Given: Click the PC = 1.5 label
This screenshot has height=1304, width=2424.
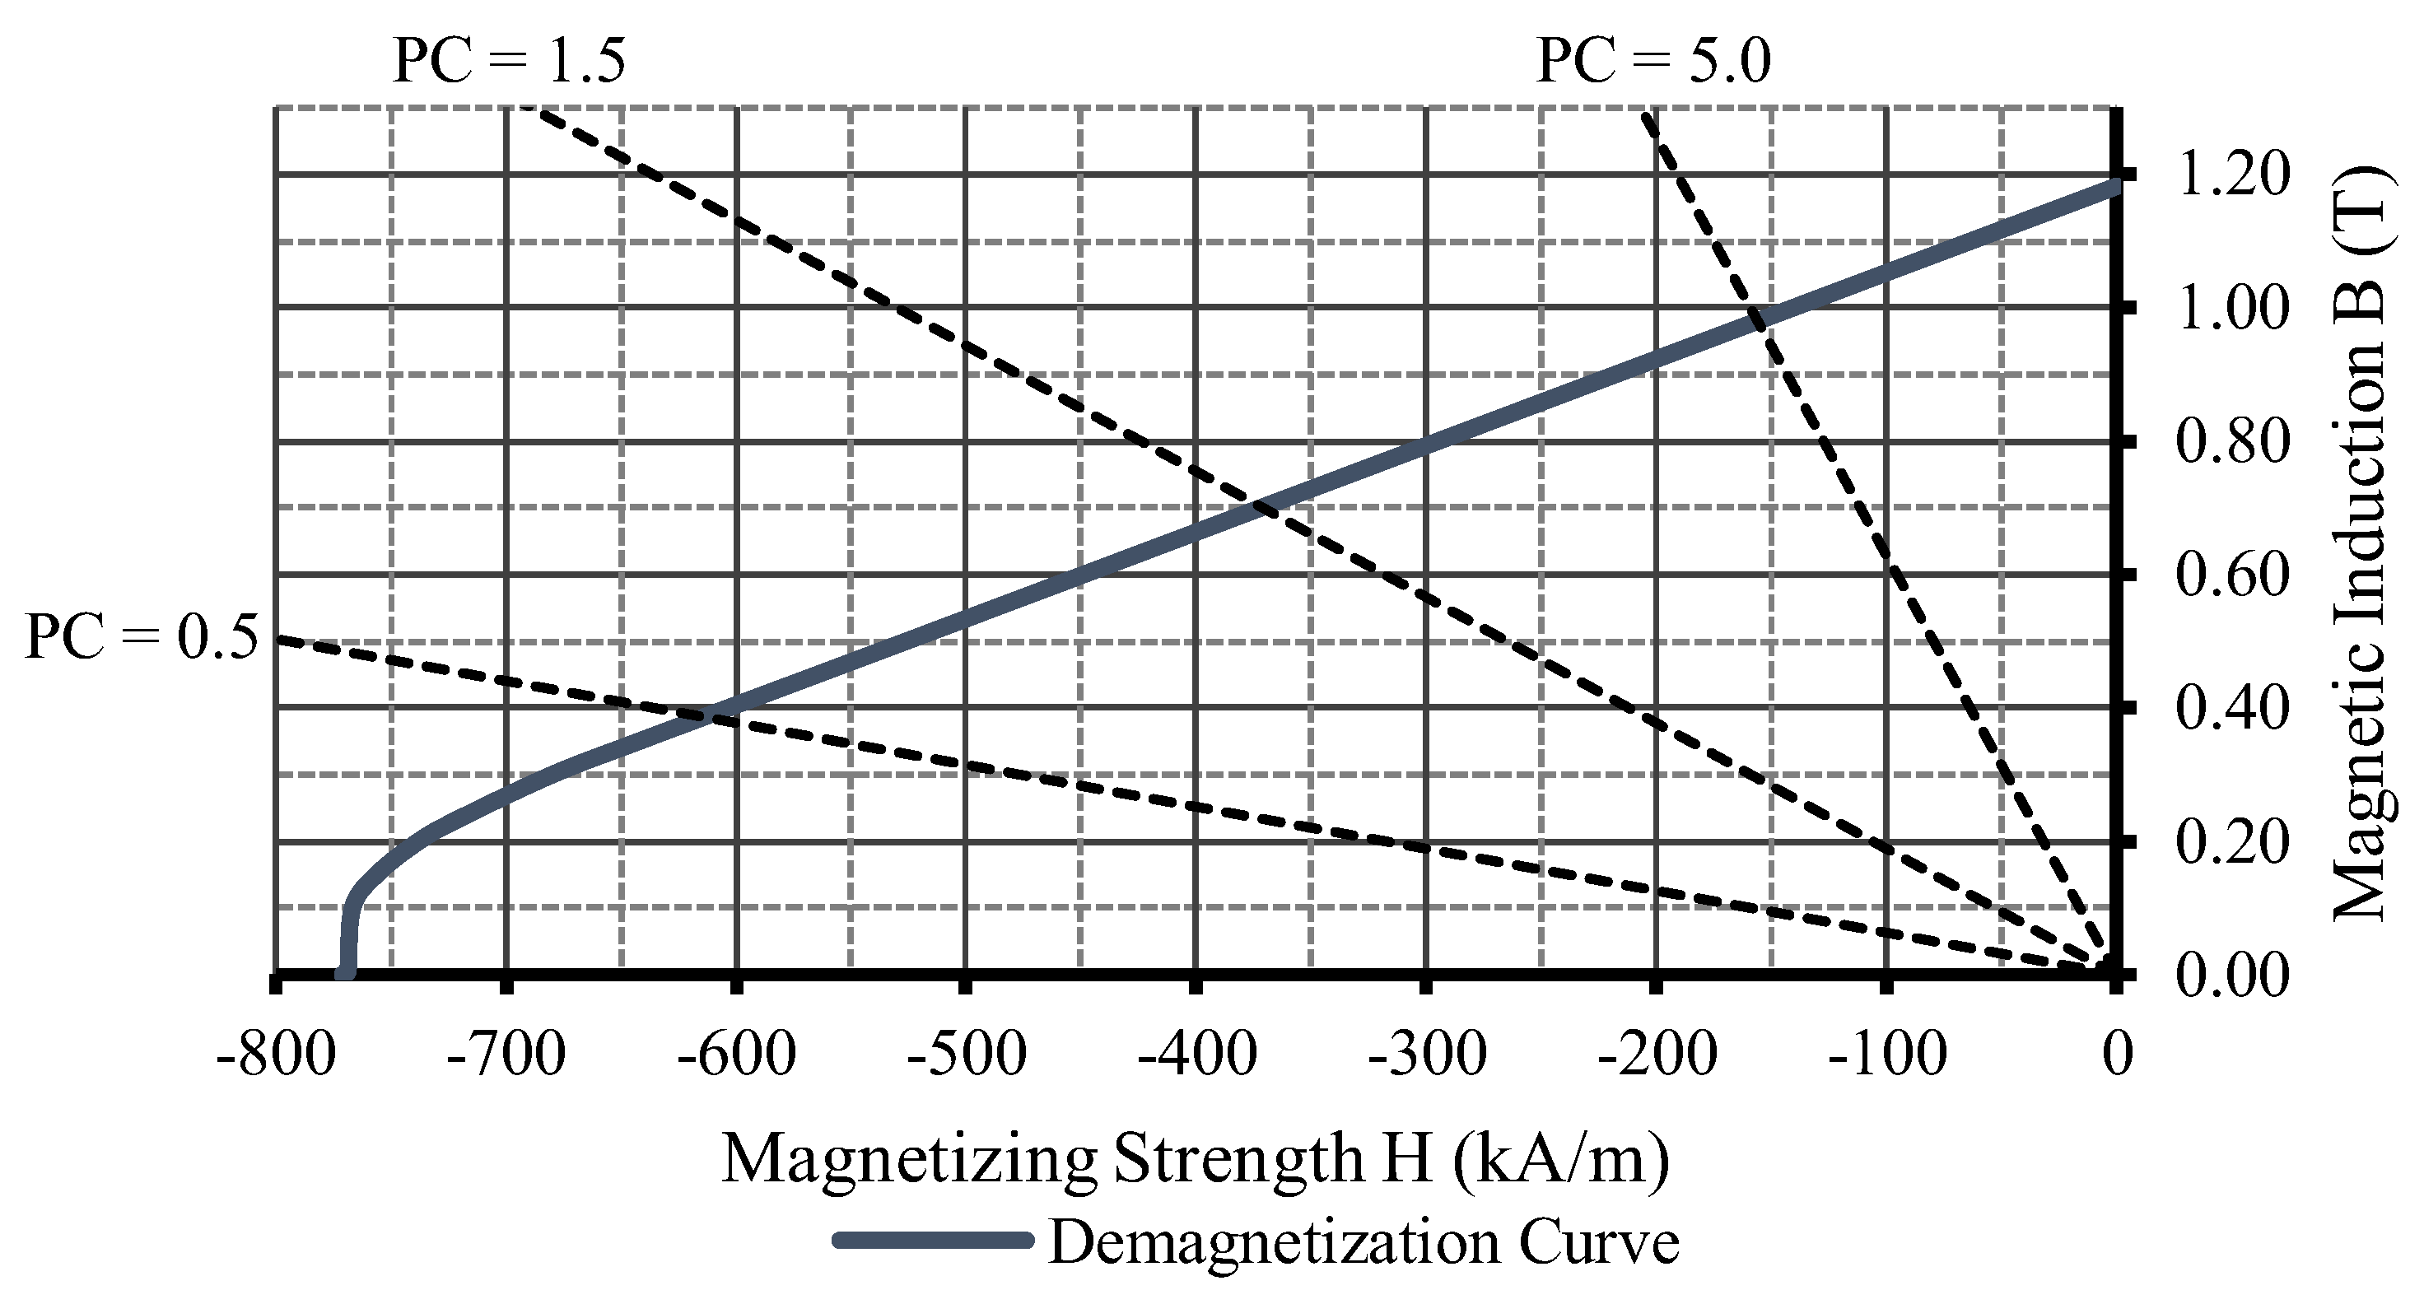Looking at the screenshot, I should point(508,62).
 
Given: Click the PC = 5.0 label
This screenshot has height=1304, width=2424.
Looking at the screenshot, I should point(1653,62).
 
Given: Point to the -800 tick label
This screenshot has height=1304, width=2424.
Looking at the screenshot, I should point(275,1054).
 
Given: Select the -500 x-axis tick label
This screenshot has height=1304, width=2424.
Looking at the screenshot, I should point(966,1054).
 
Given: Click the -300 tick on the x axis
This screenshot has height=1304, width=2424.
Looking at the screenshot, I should point(1427,1054).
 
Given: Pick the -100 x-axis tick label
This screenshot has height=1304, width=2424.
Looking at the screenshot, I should point(1886,1054).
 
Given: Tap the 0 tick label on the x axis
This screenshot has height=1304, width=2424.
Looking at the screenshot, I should point(2117,1054).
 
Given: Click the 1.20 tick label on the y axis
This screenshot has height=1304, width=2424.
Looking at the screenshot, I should point(2231,176).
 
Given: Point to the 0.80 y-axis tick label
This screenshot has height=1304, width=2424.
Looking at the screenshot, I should point(2231,442).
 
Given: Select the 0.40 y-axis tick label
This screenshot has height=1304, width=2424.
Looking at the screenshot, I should point(2231,709).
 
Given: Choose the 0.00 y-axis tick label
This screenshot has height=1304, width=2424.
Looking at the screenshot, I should point(2231,976).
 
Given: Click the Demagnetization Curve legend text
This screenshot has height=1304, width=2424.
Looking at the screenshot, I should point(1363,1242).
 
